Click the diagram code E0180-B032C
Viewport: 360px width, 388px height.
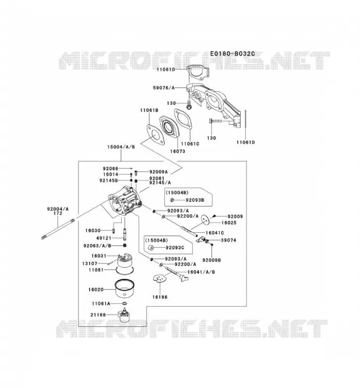coord(232,54)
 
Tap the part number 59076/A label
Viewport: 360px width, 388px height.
coord(164,88)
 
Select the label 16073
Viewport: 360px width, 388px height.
coord(177,151)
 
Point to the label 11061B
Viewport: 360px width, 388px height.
coord(149,110)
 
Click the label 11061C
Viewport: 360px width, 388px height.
coord(190,144)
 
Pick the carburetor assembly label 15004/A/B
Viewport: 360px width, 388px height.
coord(121,147)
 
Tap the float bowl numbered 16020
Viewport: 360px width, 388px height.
coord(125,289)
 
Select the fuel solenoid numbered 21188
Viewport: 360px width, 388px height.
coord(125,315)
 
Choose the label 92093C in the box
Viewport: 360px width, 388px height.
coord(175,248)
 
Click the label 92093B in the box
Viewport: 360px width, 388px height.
coord(195,200)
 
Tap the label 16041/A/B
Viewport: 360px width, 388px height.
coord(201,272)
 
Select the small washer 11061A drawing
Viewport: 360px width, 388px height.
coord(125,304)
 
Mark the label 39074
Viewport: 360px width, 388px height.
coord(229,240)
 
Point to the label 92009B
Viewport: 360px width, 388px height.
coord(212,260)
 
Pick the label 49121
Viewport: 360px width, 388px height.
coord(103,238)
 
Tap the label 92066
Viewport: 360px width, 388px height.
coord(111,169)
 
